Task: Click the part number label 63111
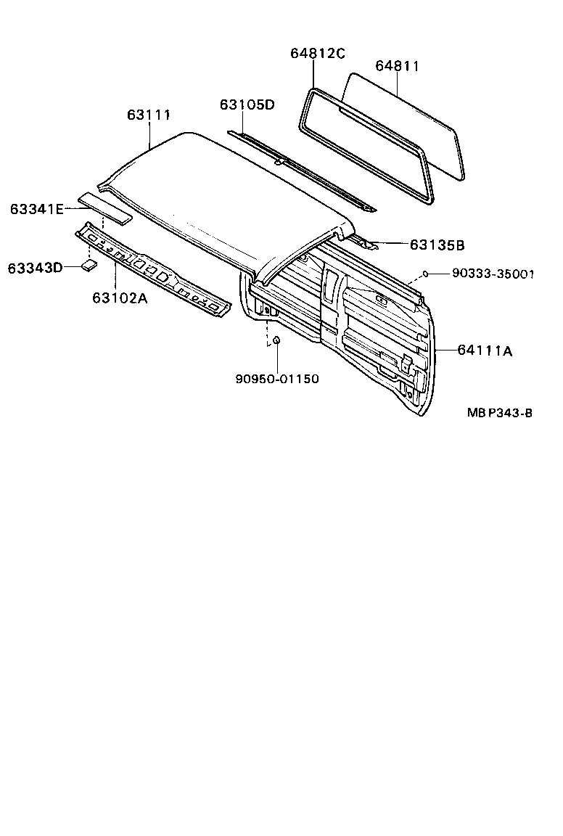[x=149, y=115]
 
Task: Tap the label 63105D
[x=247, y=104]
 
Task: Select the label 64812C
[x=318, y=53]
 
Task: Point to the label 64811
[x=398, y=66]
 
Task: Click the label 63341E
[x=37, y=209]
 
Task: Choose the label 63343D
[x=35, y=268]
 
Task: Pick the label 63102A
[x=120, y=297]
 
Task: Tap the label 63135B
[x=437, y=245]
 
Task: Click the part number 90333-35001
[x=493, y=274]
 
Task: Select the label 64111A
[x=485, y=351]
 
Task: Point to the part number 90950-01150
[x=277, y=378]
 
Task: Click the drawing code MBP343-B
[x=500, y=413]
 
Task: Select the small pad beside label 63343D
[x=90, y=266]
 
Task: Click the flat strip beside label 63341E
[x=106, y=207]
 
